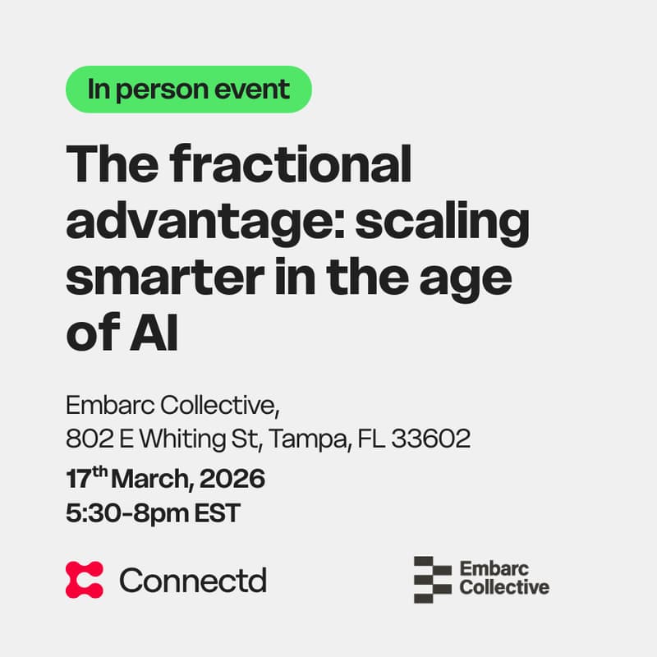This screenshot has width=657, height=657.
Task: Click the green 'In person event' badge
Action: coord(189,89)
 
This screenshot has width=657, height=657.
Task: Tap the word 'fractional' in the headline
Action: coord(292,164)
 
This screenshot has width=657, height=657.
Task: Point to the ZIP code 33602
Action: coord(431,439)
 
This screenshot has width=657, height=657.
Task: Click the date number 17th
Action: coord(85,477)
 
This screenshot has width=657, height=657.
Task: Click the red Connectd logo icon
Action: coord(85,580)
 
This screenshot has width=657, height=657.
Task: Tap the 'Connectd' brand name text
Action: coord(193,580)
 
